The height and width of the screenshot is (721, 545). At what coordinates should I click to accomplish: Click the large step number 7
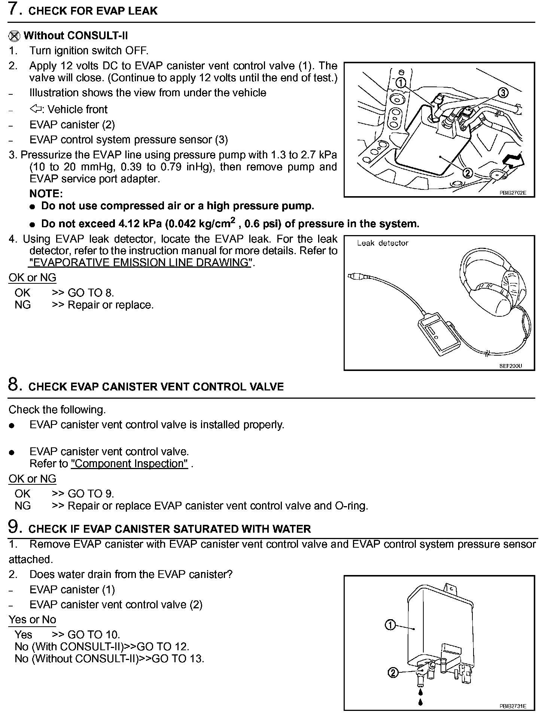point(14,10)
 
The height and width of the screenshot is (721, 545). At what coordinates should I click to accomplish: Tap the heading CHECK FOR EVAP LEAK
point(93,11)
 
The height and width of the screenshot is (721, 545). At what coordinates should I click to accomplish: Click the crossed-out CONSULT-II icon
point(14,36)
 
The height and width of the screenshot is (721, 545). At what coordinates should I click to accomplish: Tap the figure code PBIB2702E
point(512,193)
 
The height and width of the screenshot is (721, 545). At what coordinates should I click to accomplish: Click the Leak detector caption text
point(383,243)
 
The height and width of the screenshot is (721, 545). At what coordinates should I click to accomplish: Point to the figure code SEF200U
point(510,366)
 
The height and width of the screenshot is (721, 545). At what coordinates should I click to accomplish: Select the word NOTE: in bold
point(46,194)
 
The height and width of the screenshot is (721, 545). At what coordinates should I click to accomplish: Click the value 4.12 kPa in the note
point(140,224)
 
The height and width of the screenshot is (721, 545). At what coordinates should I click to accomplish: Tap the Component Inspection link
point(129,464)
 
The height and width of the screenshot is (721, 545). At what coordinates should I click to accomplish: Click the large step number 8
point(14,385)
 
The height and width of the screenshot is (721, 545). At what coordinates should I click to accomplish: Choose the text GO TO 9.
point(91,494)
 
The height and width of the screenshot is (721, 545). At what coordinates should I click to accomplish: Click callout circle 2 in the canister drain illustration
point(392,673)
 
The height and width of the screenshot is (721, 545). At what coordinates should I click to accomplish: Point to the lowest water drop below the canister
point(421,702)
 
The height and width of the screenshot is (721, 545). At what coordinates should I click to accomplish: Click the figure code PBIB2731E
point(512,706)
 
